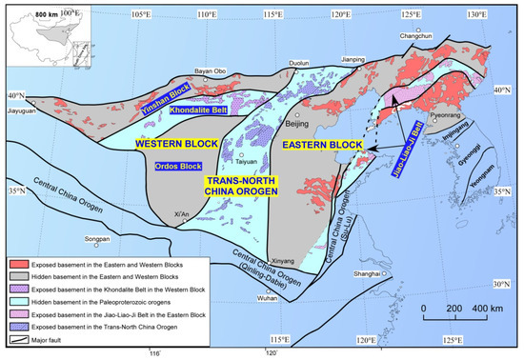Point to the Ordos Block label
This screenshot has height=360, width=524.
[x=177, y=166]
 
